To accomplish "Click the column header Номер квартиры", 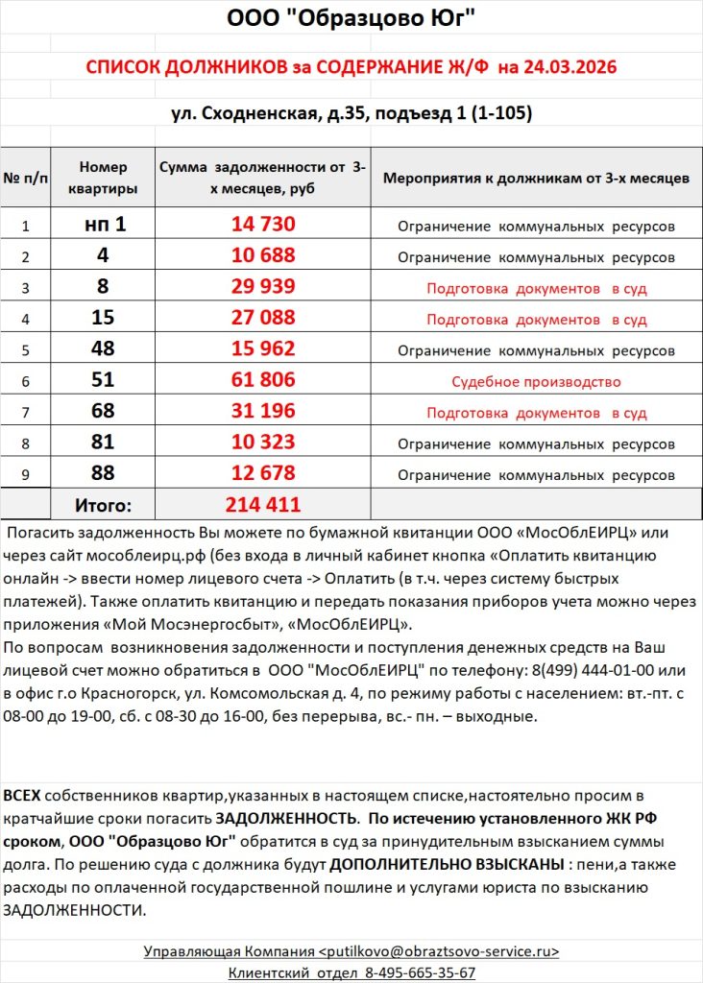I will point(103,178).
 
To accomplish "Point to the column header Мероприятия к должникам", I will point(536,179).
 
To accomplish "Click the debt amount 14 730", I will point(263,226).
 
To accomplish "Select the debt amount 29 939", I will point(263,287).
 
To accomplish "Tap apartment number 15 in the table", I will point(103,319).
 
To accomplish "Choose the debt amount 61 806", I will point(263,380).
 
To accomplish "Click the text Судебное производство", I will point(536,381).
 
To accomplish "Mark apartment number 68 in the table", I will point(103,412).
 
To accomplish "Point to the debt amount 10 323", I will point(263,443).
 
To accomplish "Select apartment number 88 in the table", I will point(103,473).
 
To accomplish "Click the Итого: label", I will point(103,505).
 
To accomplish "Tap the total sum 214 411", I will point(263,505).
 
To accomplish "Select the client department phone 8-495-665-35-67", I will point(419,972).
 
